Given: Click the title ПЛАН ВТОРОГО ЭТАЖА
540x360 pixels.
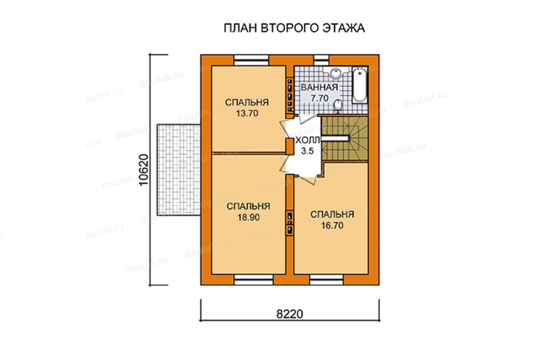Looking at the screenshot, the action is (294, 28).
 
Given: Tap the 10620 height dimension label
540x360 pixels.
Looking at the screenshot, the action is (144, 170).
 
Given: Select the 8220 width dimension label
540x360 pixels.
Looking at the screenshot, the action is (289, 314).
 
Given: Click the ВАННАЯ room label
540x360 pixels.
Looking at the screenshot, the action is (319, 87).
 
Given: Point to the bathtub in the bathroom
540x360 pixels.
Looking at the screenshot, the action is (360, 85).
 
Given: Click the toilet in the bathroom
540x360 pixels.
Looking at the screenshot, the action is (338, 106).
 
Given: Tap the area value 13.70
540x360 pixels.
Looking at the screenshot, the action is (247, 113).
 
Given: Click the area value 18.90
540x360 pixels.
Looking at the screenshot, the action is (248, 217).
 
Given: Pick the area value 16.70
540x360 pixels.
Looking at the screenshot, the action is (332, 225).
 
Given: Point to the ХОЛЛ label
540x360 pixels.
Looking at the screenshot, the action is (307, 140).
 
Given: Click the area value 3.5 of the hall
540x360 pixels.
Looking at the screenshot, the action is (307, 151).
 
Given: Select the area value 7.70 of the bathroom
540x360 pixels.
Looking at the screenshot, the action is (320, 98).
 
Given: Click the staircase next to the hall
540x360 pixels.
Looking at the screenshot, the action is (345, 139).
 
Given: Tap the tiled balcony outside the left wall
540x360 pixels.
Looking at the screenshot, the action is (179, 170).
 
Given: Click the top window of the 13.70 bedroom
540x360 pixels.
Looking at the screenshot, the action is (251, 60).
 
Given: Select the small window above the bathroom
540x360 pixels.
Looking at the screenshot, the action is (321, 60).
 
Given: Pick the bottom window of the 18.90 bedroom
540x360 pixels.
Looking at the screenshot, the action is (254, 280).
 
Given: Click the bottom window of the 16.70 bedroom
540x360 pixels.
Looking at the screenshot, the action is (327, 280).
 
